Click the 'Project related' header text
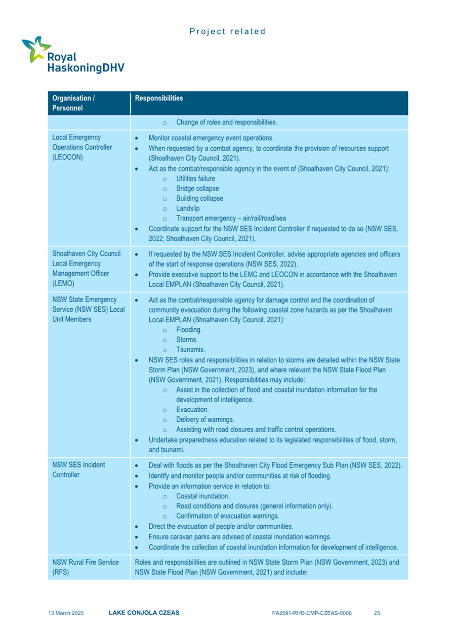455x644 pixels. coord(227,31)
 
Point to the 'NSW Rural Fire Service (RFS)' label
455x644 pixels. coord(85,567)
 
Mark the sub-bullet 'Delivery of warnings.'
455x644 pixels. coord(205,419)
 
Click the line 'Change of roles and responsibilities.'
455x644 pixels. coord(226,122)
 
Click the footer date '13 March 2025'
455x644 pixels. coord(66,613)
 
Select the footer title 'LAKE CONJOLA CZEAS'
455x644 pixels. coord(144,613)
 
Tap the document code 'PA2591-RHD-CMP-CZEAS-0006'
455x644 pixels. coord(311,613)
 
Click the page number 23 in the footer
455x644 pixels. coord(377,613)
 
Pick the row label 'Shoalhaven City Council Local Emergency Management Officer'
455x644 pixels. coord(85,268)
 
